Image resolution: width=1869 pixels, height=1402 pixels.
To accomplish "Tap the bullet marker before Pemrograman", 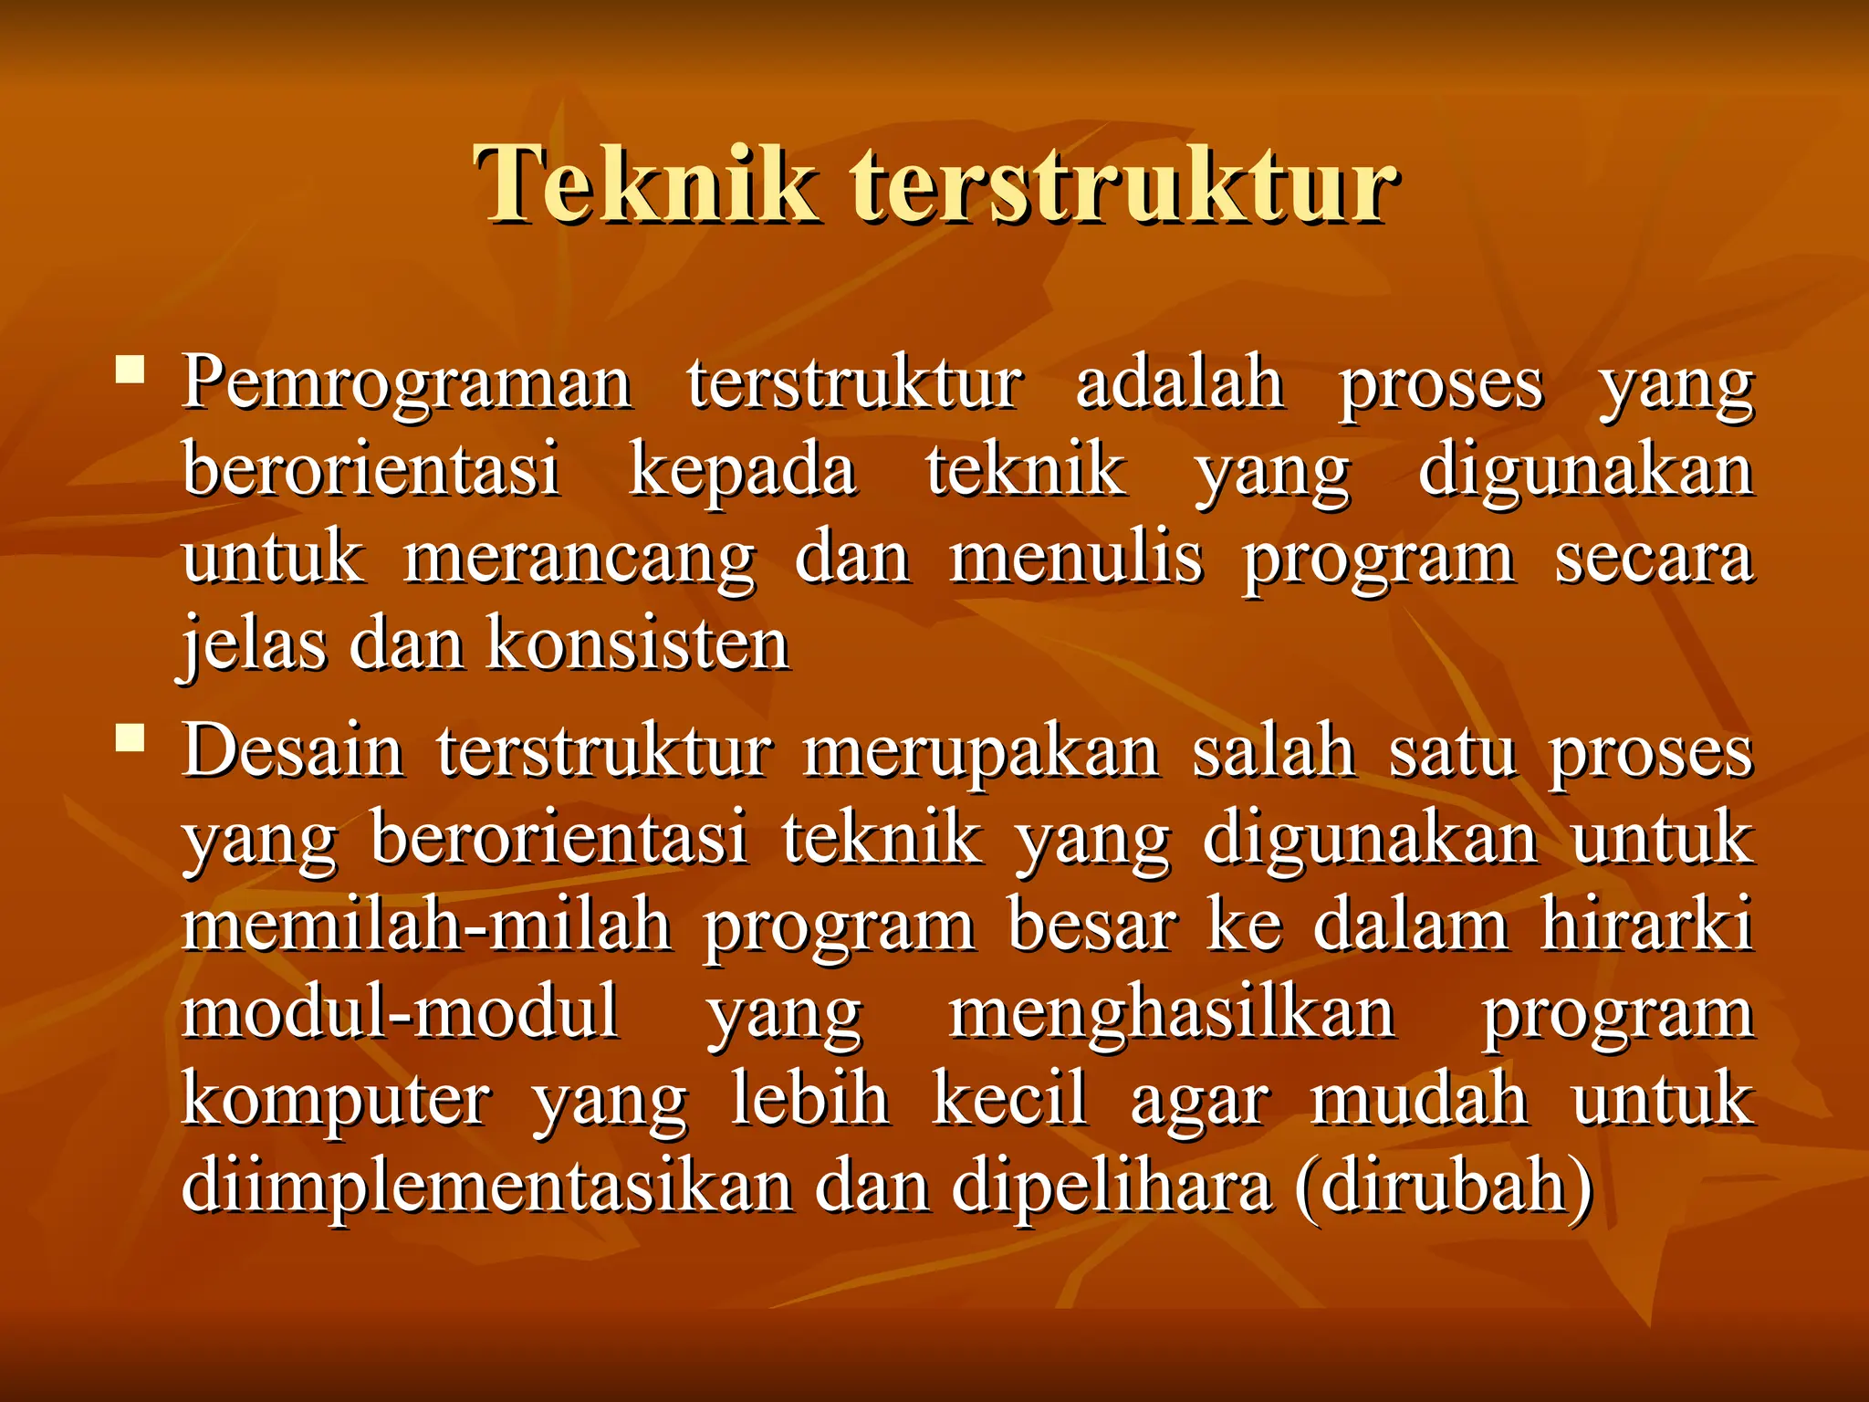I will point(131,370).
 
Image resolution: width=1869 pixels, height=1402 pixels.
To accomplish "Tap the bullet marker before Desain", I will point(131,737).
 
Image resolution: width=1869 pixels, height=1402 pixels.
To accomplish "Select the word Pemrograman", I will point(407,383).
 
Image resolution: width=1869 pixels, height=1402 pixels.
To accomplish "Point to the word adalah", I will point(1180,383).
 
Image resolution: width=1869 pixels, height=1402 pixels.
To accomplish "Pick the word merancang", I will point(579,559).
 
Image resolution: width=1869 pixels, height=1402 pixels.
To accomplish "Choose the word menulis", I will point(1077,559).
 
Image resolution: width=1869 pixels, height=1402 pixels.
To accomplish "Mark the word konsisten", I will point(638,644).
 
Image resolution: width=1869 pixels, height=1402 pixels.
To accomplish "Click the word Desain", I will point(293,751).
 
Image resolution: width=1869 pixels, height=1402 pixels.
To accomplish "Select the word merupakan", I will point(981,751).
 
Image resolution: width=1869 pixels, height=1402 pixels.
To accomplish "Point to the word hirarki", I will point(1647,926).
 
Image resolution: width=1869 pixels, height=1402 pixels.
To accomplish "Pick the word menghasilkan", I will point(1172,1012).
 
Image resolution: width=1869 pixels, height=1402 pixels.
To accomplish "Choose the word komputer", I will point(337,1100).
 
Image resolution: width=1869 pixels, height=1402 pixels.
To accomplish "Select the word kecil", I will point(1009,1100).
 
